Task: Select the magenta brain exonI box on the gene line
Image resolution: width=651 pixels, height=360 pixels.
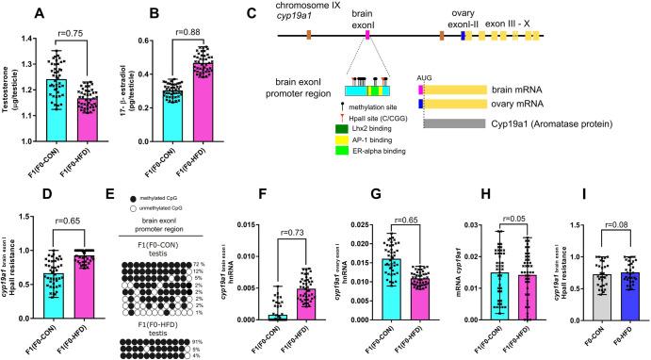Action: tap(368, 35)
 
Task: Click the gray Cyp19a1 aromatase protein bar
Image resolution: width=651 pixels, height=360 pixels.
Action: tap(480, 123)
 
